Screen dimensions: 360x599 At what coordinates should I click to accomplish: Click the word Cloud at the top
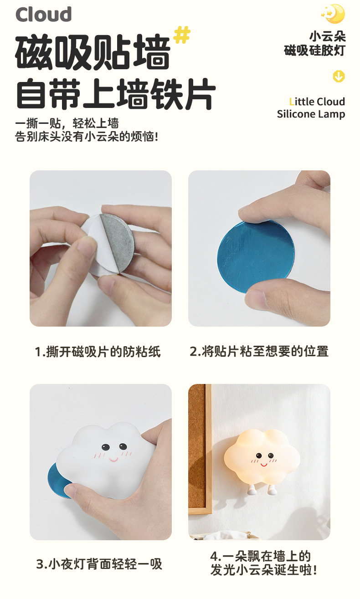coord(44,14)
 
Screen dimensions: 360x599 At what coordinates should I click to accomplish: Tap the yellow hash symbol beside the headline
coord(182,35)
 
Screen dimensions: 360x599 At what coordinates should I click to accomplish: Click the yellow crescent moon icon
coord(334,13)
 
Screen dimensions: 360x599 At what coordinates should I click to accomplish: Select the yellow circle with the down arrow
coord(339,76)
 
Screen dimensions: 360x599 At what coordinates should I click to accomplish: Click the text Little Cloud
coord(317,102)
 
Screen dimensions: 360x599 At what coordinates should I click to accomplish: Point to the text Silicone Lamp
coord(311,114)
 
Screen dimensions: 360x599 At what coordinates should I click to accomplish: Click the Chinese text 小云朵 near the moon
coord(327,36)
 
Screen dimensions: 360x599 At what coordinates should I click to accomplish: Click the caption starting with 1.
coord(98,351)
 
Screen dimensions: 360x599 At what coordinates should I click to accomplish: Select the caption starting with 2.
coord(259,351)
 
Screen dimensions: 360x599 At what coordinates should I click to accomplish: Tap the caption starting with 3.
coord(99,564)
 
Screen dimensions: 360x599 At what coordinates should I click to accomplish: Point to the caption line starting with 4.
coord(260,557)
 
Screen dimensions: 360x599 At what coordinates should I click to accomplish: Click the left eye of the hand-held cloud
coord(105,447)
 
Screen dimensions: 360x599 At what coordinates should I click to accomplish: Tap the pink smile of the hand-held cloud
coord(113,460)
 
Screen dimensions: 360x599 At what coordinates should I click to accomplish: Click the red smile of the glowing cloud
coord(264,464)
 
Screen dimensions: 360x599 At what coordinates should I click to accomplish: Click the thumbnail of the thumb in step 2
coord(256,298)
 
